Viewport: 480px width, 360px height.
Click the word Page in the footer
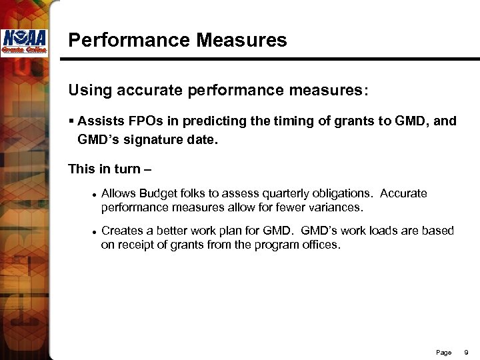click(x=443, y=352)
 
